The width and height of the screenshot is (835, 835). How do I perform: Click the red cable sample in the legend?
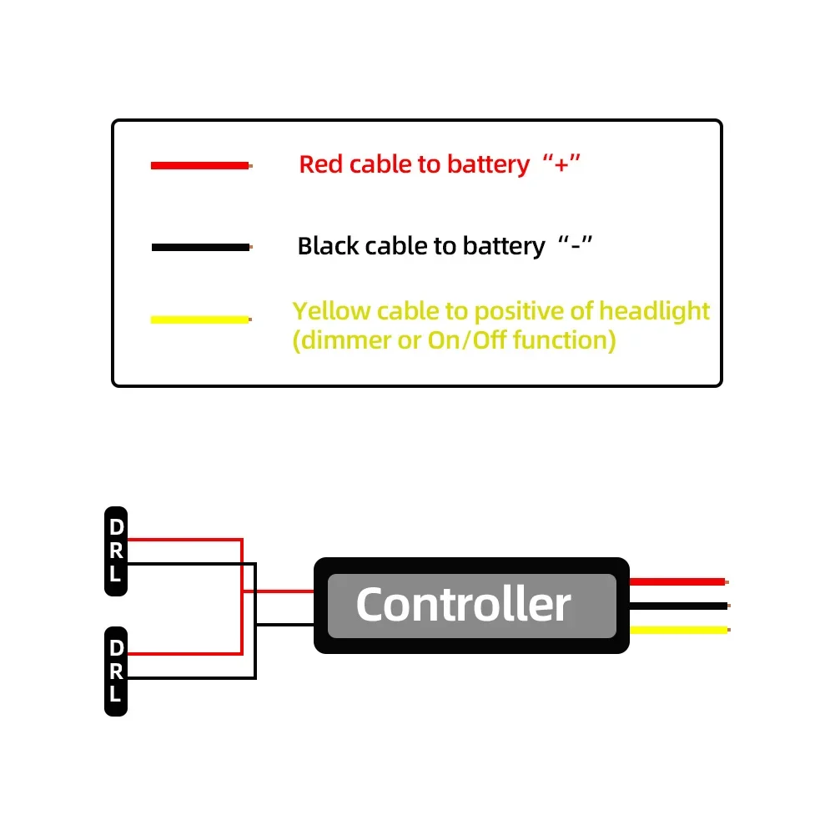click(x=200, y=166)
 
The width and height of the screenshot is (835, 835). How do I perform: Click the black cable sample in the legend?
click(x=200, y=248)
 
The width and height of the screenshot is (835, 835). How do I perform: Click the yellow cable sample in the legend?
click(x=200, y=319)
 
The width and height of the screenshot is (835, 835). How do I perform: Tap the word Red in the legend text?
click(x=321, y=164)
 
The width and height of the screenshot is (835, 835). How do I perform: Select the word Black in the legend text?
click(x=328, y=246)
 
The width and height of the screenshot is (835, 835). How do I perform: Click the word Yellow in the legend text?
click(x=331, y=311)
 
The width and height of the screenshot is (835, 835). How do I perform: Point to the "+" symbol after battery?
click(x=561, y=164)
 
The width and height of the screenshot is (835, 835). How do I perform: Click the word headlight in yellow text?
click(x=655, y=311)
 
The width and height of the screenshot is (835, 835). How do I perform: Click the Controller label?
click(x=464, y=604)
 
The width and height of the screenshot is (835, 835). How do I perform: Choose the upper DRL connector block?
click(x=116, y=551)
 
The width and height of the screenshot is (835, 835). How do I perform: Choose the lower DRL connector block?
click(x=116, y=671)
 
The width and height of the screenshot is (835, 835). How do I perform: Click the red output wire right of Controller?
click(x=677, y=581)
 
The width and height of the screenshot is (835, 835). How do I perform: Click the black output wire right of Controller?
click(x=677, y=605)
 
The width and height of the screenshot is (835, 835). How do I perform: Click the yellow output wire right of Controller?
click(x=677, y=630)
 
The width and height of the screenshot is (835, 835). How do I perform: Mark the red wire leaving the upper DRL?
click(x=184, y=540)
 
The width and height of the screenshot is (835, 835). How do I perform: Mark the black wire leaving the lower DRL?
click(x=192, y=678)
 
